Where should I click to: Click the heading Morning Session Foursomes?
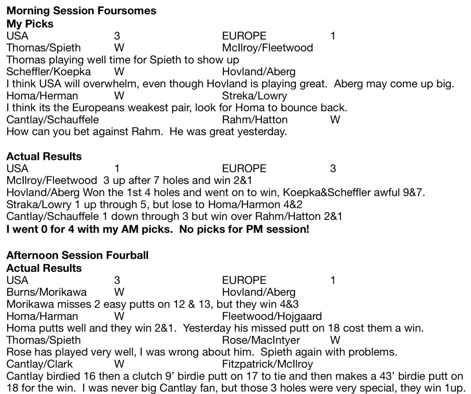pyautogui.click(x=81, y=11)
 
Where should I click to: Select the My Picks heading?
pyautogui.click(x=30, y=23)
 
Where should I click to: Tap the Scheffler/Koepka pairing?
pyautogui.click(x=48, y=72)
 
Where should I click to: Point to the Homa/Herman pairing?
pyautogui.click(x=42, y=96)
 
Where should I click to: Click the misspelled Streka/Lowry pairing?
pyautogui.click(x=254, y=96)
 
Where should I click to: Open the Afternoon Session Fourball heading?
pyautogui.click(x=77, y=255)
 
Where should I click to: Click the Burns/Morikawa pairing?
pyautogui.click(x=46, y=292)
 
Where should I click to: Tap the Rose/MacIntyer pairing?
pyautogui.click(x=261, y=340)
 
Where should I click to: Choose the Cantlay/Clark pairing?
pyautogui.click(x=39, y=365)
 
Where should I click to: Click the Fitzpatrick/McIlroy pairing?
pyautogui.click(x=267, y=365)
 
